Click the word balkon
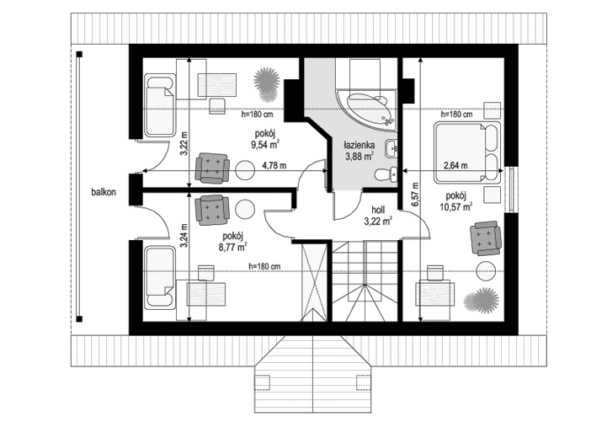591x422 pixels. [104, 192]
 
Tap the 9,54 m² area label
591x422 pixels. [265, 144]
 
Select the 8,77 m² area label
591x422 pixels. [232, 248]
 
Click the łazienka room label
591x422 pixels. [359, 145]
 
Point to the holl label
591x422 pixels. [378, 210]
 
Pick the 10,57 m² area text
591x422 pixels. [456, 206]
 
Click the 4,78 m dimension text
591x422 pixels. [274, 165]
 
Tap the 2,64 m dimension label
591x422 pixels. [455, 165]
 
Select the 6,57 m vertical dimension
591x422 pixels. [415, 195]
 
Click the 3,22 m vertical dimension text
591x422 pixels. [184, 143]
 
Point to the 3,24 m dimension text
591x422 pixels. [184, 236]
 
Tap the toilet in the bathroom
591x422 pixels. [386, 174]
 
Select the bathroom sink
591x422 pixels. [391, 148]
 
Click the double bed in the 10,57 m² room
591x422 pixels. [467, 152]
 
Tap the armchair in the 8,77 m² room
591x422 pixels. [212, 210]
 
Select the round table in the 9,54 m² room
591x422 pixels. [245, 169]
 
